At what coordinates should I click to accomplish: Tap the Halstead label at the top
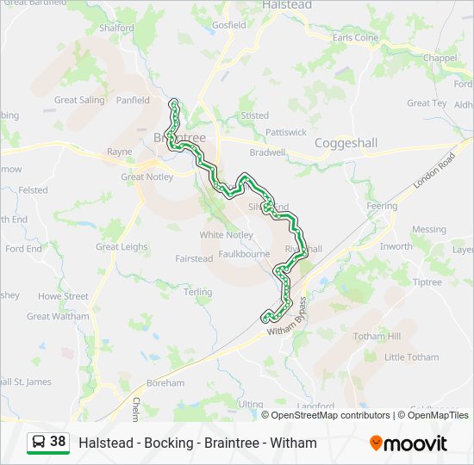(286, 5)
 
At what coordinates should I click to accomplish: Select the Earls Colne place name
(355, 38)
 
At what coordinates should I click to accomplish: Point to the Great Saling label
(79, 100)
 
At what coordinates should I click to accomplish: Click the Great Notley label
(147, 177)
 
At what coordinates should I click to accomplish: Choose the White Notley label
(226, 235)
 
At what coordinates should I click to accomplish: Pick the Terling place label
(197, 293)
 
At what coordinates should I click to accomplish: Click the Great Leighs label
(122, 247)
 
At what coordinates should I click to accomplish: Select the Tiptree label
(426, 282)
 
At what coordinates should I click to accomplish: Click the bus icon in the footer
(39, 443)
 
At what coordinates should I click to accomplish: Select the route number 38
(58, 442)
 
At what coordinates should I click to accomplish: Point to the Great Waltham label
(58, 316)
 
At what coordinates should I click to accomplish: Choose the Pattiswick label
(286, 133)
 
